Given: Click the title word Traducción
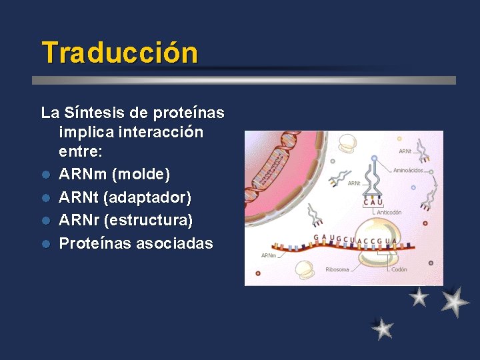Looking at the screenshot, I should click(119, 53).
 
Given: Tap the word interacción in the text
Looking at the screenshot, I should click(164, 132).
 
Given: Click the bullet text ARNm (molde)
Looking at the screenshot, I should click(114, 175).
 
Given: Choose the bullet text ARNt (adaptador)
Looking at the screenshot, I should click(125, 197).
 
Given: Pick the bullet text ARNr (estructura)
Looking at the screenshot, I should click(125, 220).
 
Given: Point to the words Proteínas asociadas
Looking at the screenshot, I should click(136, 243).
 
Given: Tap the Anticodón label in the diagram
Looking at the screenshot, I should click(389, 212).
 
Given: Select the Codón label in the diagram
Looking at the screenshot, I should click(399, 270).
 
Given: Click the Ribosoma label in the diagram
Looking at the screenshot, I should click(337, 270).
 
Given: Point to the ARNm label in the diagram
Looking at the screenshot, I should click(269, 255).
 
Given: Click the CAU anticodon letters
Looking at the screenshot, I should click(373, 203).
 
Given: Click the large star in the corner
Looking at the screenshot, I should click(455, 301).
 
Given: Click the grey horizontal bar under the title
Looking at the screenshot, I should click(244, 80).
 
